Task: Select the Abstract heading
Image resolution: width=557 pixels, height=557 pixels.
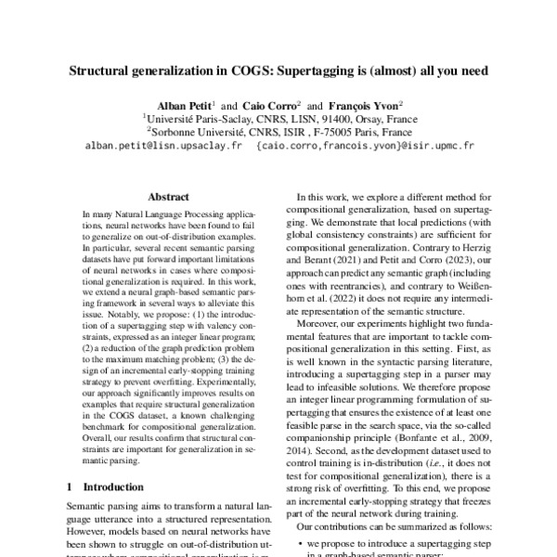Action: click(x=170, y=197)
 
